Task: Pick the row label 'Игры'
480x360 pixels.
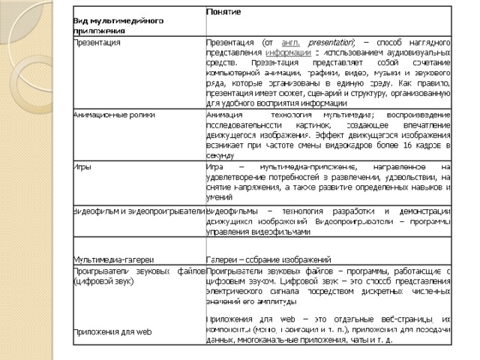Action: pyautogui.click(x=82, y=166)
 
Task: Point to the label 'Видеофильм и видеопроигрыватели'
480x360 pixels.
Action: pyautogui.click(x=139, y=211)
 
